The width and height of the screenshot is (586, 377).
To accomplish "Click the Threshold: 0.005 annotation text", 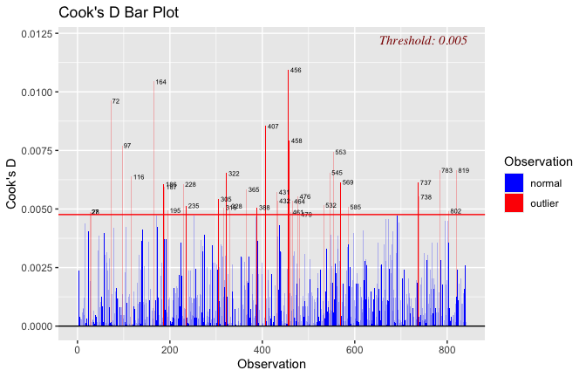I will click(423, 40).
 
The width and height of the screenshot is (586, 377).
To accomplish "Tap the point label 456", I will click(296, 70).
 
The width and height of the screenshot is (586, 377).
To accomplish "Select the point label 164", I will click(160, 82).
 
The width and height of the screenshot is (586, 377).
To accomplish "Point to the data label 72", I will click(116, 101).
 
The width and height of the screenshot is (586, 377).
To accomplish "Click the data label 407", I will click(273, 127).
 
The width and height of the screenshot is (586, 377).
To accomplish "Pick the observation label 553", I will click(340, 152).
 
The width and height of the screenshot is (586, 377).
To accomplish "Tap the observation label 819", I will click(463, 170).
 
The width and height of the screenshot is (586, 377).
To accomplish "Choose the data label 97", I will click(127, 146).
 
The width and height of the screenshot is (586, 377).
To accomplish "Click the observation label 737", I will click(426, 183).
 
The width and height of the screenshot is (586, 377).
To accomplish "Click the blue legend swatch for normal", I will click(514, 182).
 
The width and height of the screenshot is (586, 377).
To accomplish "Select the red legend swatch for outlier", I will click(514, 202).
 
